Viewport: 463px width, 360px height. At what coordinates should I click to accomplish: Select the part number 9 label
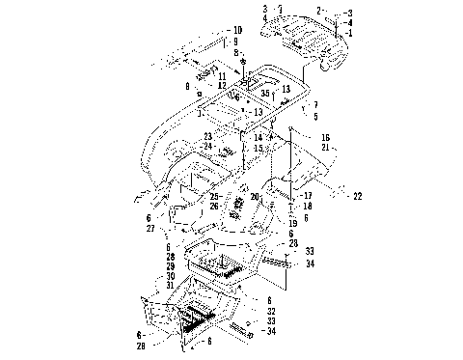tap(234, 42)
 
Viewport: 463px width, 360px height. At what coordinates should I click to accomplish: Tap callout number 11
tap(221, 75)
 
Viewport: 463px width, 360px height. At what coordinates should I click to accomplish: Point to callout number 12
tap(221, 85)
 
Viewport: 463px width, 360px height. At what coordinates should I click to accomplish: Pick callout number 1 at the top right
tap(351, 32)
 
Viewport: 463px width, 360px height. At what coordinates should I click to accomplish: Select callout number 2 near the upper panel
tap(346, 11)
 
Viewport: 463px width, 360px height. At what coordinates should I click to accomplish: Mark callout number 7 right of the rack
tap(314, 104)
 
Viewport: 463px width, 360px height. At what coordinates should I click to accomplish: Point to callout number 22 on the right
tap(356, 197)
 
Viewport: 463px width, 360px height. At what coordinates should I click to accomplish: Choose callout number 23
tap(207, 137)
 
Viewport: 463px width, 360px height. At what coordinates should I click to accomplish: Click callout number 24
tap(207, 147)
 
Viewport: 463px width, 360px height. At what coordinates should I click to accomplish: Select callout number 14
tap(259, 138)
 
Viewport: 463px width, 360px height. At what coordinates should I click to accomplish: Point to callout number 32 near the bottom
tap(271, 312)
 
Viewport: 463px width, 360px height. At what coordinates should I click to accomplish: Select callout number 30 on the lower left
tap(170, 274)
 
